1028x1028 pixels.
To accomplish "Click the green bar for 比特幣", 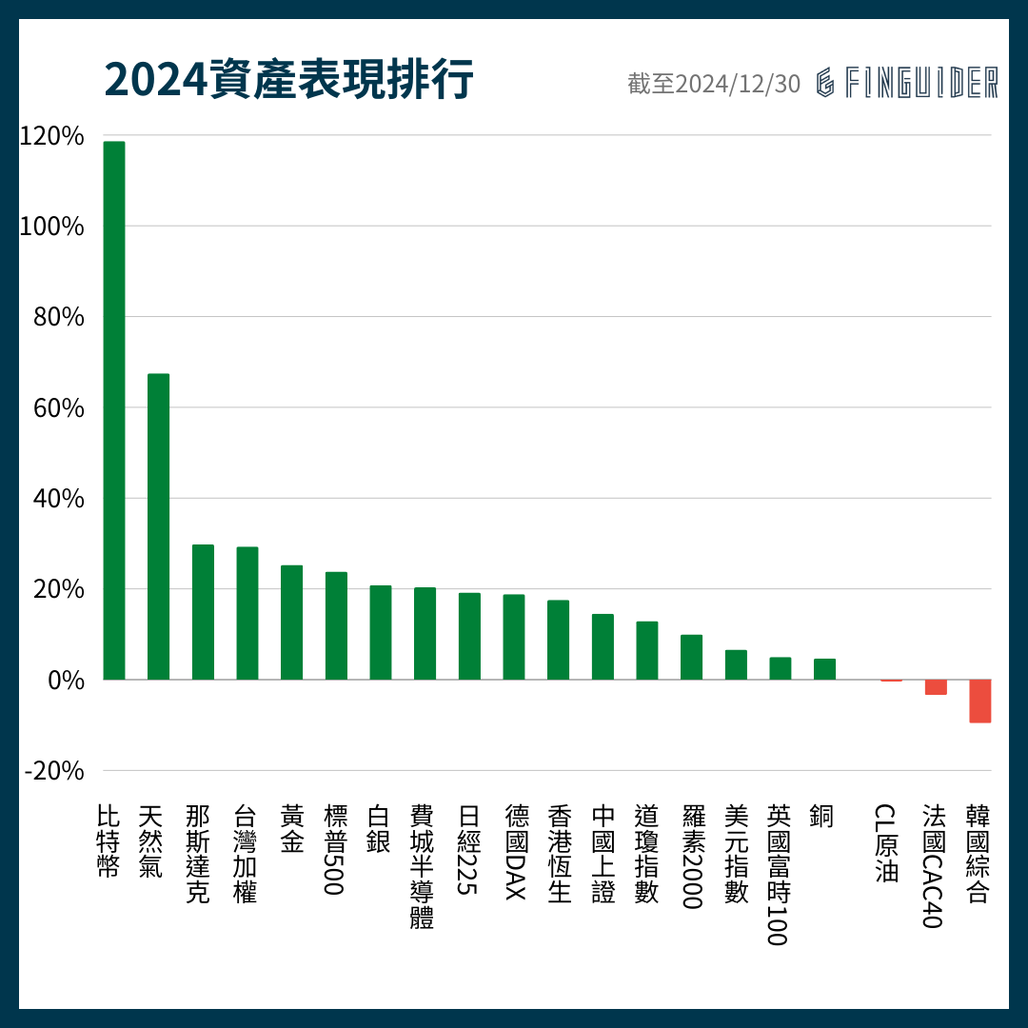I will tap(114, 410).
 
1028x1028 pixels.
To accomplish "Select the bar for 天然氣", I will tap(158, 526).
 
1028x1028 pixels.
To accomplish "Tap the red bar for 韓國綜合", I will tap(979, 701).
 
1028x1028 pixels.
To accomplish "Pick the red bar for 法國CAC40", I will tap(936, 687).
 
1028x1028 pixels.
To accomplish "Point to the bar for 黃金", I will tap(291, 623).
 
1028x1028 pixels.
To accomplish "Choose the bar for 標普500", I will tap(336, 625).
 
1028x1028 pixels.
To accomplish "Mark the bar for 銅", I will tap(824, 669).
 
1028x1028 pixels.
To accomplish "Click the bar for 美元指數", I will tap(736, 664).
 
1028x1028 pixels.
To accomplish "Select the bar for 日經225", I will tap(469, 636).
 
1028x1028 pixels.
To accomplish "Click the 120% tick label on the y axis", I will tap(52, 136).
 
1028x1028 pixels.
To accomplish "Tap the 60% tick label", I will tap(59, 408).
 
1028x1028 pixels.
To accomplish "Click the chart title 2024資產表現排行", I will tap(288, 81).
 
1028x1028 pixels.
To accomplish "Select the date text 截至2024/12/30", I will tap(714, 84).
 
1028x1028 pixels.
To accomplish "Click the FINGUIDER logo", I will tap(907, 83).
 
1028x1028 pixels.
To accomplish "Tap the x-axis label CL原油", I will tap(885, 843).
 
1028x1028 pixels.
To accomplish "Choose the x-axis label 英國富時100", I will tap(779, 875).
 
